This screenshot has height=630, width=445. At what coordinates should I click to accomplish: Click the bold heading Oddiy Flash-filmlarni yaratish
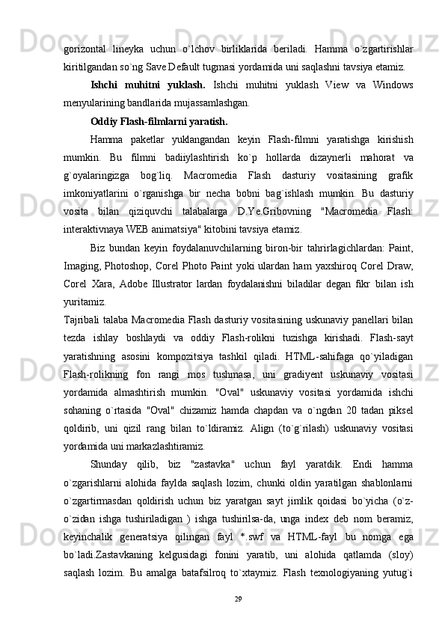click(x=159, y=120)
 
